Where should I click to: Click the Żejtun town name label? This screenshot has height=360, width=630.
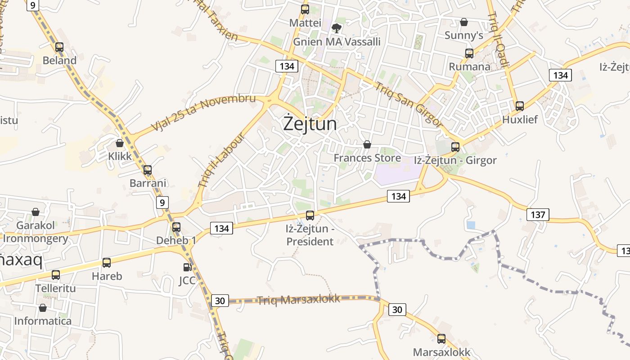[310, 123]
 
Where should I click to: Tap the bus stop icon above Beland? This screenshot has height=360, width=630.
[59, 47]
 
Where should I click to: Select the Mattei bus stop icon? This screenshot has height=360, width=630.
[305, 9]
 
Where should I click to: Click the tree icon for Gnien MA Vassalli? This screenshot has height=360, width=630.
[336, 28]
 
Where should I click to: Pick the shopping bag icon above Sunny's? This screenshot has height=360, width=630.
[464, 22]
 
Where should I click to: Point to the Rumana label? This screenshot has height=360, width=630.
[469, 67]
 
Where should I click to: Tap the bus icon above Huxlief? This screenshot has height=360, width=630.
[520, 106]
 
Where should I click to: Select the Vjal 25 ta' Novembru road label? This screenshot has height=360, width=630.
[204, 112]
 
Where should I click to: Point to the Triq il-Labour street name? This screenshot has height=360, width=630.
[220, 161]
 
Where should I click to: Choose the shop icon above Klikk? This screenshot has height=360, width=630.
[120, 143]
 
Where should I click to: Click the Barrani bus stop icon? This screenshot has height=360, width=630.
[148, 170]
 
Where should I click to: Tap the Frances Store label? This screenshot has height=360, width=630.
[367, 158]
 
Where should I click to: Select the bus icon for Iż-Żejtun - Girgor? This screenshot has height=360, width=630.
[455, 147]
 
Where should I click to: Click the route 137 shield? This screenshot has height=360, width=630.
[538, 215]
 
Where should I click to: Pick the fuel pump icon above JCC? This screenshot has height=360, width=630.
[187, 267]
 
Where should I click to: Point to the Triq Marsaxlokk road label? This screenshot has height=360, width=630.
[298, 300]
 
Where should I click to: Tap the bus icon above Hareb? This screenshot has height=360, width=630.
[107, 263]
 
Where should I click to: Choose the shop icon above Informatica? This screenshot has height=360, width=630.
[43, 308]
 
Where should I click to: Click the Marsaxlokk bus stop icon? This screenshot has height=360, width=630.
[441, 339]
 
